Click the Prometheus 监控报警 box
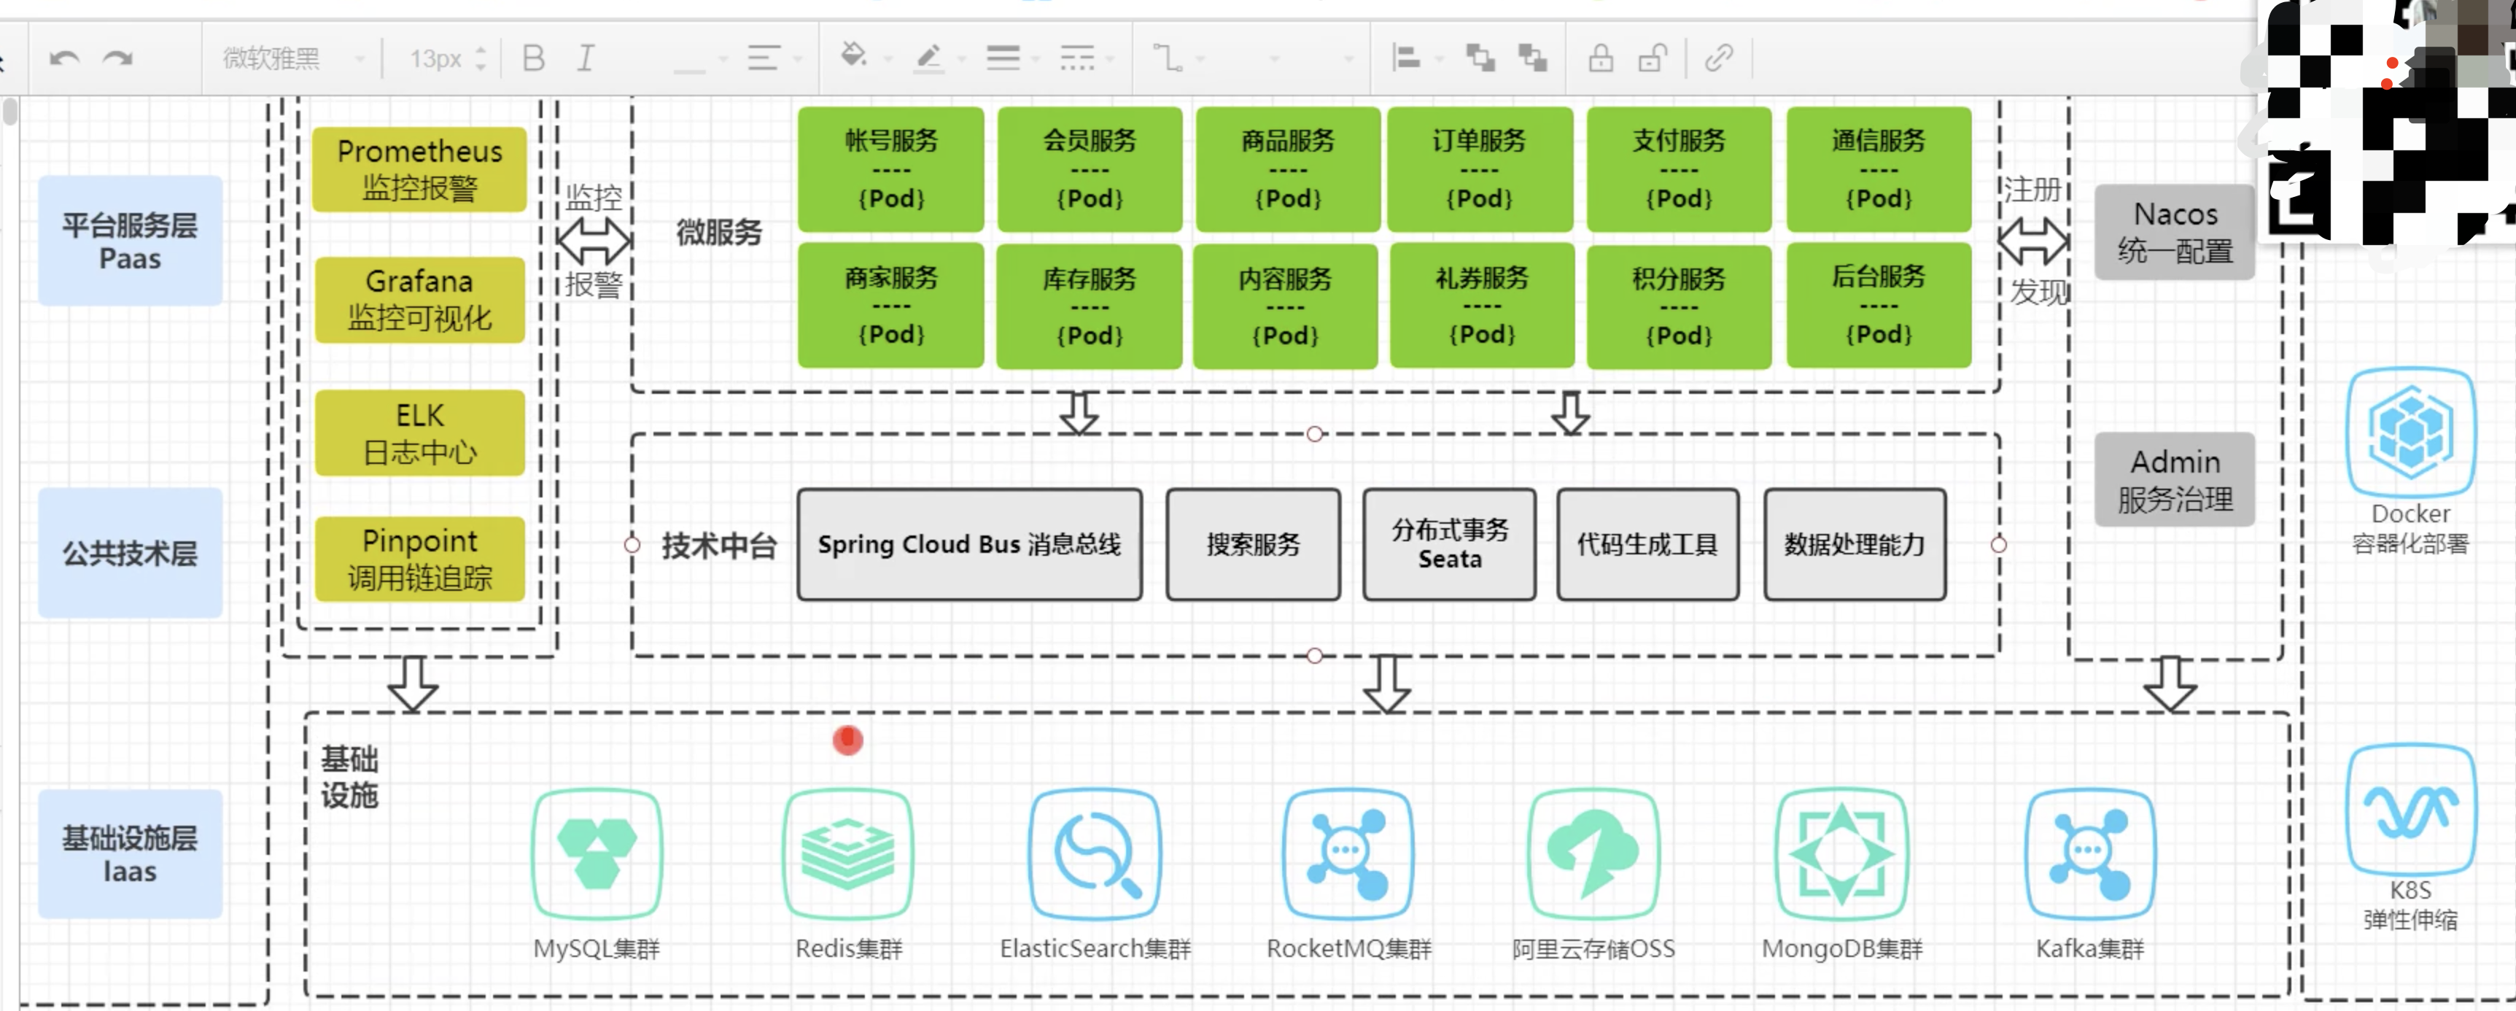(x=419, y=169)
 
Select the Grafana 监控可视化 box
(x=419, y=299)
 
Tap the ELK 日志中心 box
(x=419, y=433)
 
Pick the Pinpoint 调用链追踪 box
(x=419, y=559)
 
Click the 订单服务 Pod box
(x=1479, y=169)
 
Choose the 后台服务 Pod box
(x=1877, y=306)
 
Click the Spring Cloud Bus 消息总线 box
(x=969, y=544)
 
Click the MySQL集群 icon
(x=597, y=853)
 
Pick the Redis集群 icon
(x=847, y=853)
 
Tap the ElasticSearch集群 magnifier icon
(x=1095, y=853)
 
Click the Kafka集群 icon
(x=2089, y=853)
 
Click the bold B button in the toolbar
(x=533, y=58)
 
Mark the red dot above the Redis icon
(x=847, y=740)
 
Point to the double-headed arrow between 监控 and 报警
(x=594, y=240)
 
